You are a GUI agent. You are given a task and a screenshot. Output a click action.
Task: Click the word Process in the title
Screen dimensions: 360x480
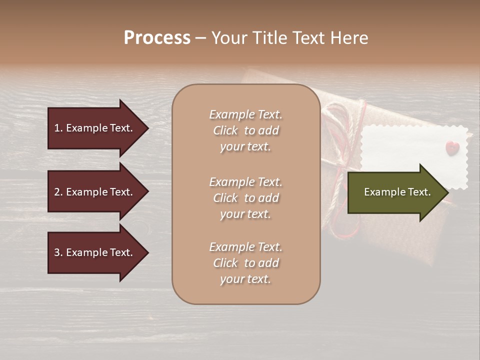coord(157,38)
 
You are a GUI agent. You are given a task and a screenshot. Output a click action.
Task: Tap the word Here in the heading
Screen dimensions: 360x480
coord(348,38)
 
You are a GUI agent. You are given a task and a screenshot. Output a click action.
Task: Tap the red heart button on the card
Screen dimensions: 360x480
coord(452,148)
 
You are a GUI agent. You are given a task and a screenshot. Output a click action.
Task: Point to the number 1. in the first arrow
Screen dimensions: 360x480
coord(58,128)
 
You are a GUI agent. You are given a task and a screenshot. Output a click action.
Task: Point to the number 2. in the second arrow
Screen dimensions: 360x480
coord(58,192)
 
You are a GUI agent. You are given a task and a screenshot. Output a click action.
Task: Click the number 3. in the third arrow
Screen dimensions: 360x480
coord(58,252)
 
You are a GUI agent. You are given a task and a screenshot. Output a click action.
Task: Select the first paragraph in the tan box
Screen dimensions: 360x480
coord(245,130)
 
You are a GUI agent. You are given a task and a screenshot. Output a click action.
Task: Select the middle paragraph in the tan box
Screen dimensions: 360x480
coord(245,198)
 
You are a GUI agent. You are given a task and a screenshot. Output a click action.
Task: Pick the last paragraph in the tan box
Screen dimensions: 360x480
coord(245,263)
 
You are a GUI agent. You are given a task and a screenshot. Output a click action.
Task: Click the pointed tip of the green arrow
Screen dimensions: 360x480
coord(447,192)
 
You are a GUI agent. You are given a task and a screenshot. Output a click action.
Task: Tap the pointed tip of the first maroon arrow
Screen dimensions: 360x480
coord(147,128)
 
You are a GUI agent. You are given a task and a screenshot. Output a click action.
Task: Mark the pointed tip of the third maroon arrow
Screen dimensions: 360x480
coord(147,253)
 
